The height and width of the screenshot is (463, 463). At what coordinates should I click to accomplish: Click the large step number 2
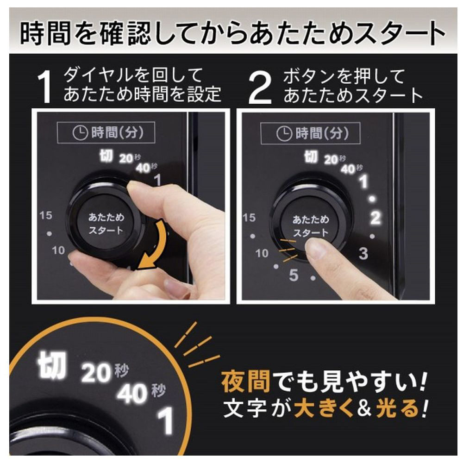click(260, 88)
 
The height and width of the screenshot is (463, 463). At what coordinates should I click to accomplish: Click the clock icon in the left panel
click(80, 132)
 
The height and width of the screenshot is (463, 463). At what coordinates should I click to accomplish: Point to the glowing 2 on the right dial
click(375, 218)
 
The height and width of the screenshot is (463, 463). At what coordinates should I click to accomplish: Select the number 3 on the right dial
click(363, 253)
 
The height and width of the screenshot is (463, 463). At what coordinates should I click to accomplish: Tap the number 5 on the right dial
click(294, 275)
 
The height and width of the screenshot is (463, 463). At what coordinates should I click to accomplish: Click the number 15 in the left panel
click(46, 215)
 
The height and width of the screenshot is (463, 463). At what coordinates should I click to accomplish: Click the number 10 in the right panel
click(262, 253)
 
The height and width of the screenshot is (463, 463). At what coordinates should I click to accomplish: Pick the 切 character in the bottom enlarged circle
click(52, 365)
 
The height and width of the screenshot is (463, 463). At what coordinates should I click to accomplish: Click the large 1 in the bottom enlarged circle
click(166, 421)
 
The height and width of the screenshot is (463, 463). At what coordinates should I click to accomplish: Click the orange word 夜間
click(246, 382)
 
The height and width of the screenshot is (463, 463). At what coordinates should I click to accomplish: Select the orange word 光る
click(398, 409)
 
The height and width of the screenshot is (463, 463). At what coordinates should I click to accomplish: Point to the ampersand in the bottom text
click(364, 409)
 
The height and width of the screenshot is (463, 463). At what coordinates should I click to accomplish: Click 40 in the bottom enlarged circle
click(132, 394)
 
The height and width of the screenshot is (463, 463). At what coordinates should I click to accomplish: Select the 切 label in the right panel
click(311, 156)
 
